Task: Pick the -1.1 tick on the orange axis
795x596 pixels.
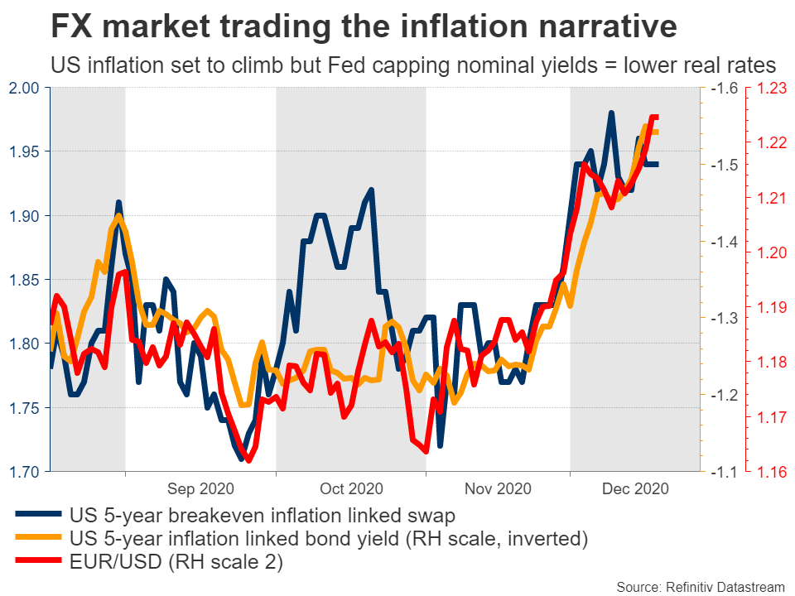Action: pos(722,472)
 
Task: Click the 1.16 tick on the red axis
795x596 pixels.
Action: pos(771,472)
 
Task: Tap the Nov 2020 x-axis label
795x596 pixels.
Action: pos(497,489)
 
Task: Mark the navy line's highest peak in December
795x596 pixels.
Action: pos(611,113)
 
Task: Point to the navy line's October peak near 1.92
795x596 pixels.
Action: pos(371,190)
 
